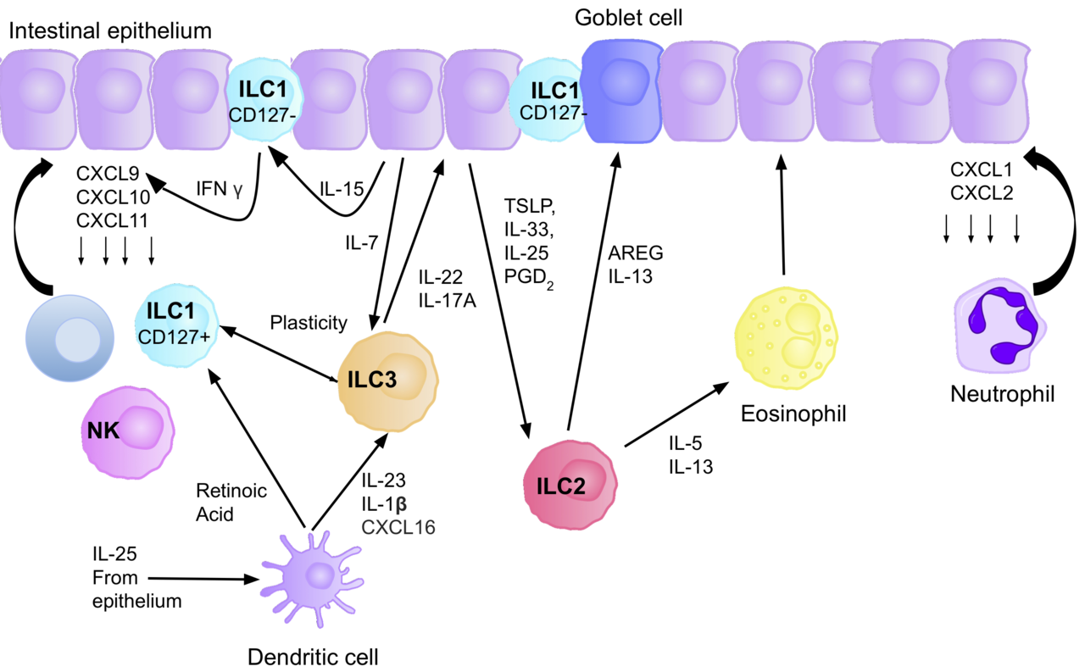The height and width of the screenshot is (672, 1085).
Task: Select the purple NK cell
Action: [128, 431]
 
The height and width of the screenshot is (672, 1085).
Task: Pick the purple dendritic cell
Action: [315, 578]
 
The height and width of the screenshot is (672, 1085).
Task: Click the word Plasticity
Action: [309, 323]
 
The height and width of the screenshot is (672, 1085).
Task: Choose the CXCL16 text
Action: [398, 527]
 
